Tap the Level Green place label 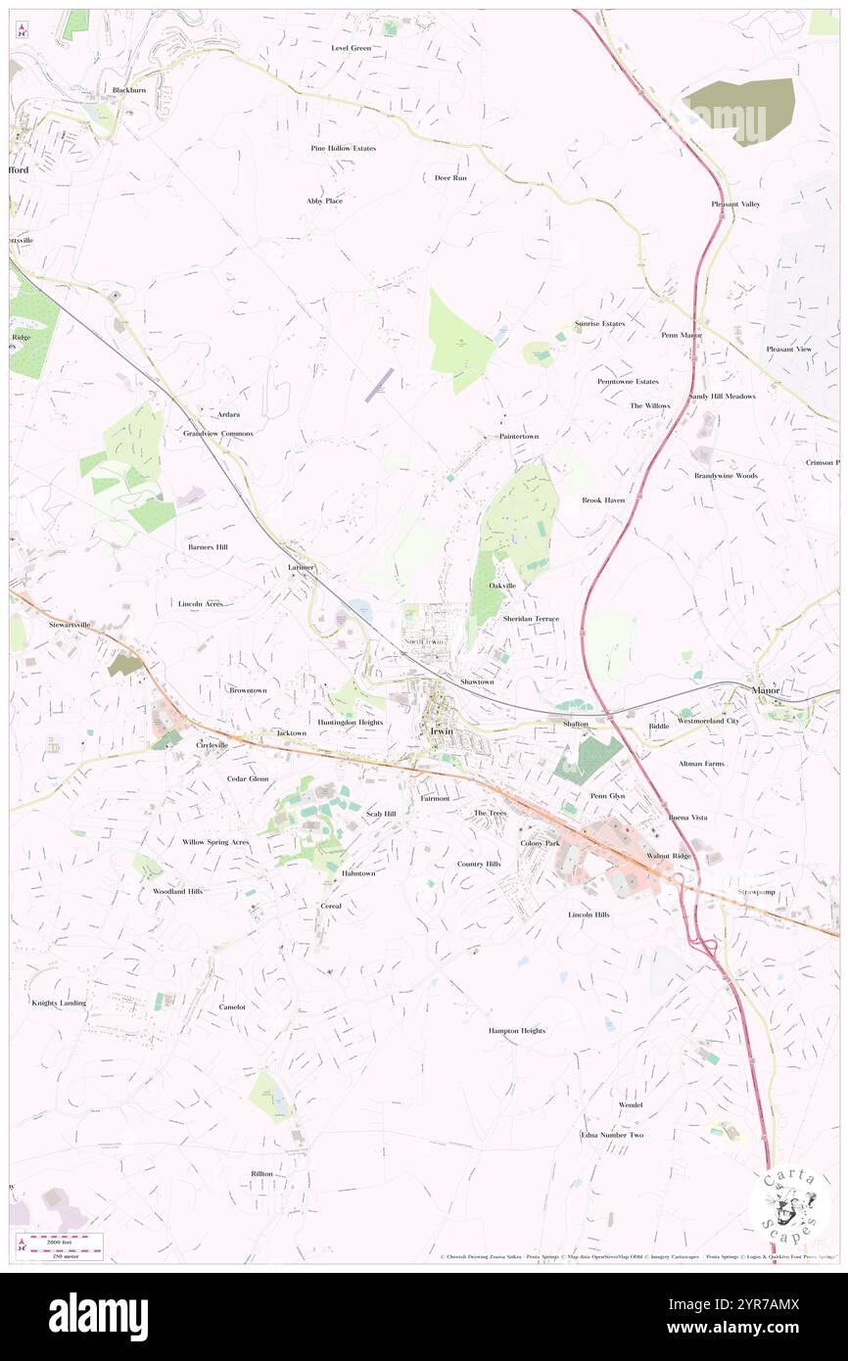[351, 47]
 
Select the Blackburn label [128, 90]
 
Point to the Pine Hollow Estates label [343, 148]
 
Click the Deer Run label [450, 178]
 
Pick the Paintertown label [518, 436]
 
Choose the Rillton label [261, 1173]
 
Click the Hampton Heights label [517, 1031]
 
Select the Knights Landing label [59, 1003]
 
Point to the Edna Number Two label [612, 1135]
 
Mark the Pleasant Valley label [735, 204]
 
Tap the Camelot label [232, 1007]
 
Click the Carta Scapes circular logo [789, 1203]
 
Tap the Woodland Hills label [177, 892]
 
